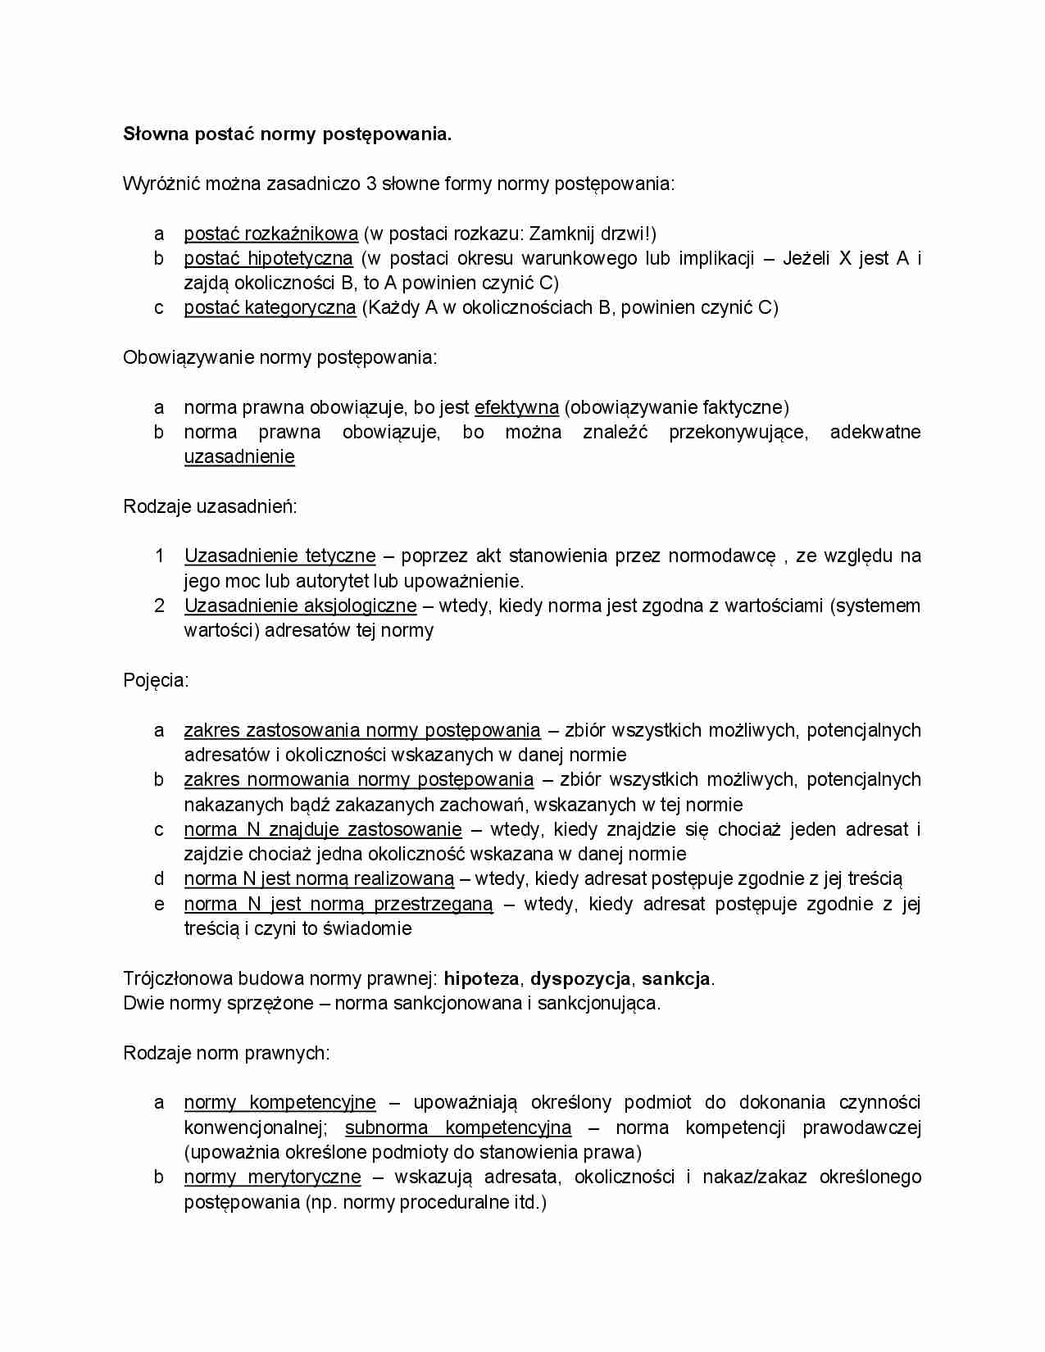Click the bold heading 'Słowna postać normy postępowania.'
287,134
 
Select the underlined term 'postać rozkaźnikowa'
270,234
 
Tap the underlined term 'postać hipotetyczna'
268,259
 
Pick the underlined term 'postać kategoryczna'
270,308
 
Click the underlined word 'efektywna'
516,408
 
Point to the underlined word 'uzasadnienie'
239,457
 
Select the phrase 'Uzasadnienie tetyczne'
279,556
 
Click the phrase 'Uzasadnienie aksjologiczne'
300,606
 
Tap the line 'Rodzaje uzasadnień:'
210,507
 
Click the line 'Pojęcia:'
156,681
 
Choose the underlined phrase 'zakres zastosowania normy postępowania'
362,731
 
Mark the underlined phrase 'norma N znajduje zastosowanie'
322,830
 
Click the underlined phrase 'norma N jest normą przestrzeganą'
338,905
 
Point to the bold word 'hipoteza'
481,979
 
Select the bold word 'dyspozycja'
580,979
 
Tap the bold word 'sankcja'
675,979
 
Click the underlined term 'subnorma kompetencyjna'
458,1128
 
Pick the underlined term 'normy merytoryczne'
272,1177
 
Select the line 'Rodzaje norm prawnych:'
226,1054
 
